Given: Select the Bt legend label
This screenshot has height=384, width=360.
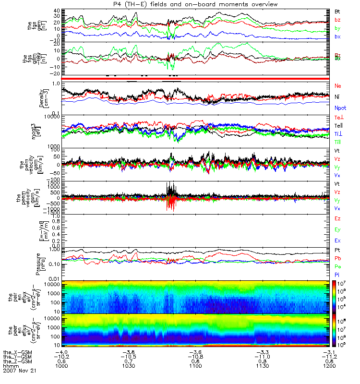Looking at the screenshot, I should pos(337,11).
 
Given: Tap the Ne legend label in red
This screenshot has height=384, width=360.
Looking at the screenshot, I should pos(338,85).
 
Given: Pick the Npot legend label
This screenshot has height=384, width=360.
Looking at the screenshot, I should pos(340,108).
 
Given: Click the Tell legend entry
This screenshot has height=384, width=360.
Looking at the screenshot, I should pos(339,126).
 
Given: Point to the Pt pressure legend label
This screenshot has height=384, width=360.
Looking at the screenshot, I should pos(337,251).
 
